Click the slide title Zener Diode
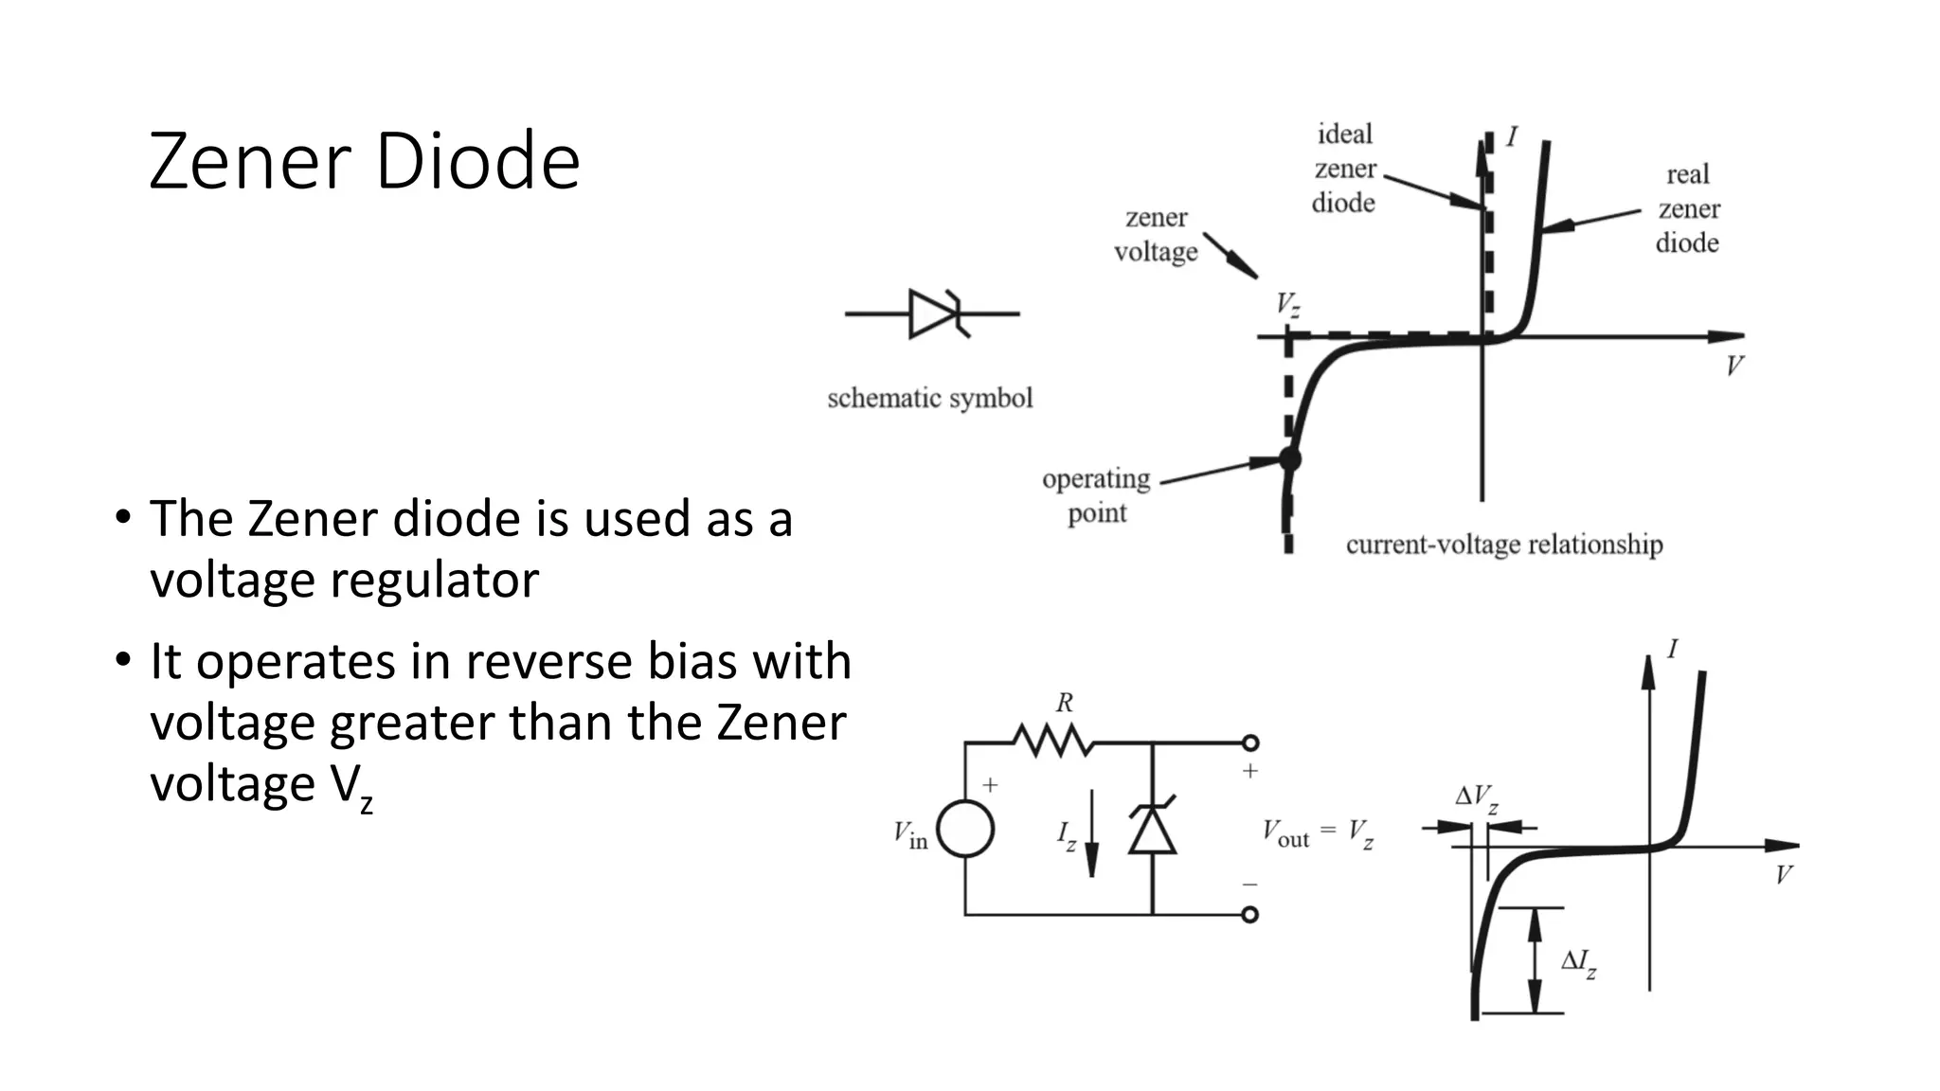364,161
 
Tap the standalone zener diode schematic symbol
933,313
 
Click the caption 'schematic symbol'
929,398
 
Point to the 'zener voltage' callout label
1156,235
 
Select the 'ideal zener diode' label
1344,169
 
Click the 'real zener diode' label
1688,208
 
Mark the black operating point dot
1289,459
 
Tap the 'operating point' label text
1097,495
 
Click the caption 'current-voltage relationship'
1504,545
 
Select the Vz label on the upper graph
1287,305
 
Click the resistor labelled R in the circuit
1052,741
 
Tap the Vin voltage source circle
965,830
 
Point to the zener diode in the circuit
1152,829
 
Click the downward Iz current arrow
1091,833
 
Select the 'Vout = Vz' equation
1317,833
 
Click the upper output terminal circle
1250,743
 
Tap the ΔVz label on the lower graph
1476,797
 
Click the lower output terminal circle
1250,915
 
